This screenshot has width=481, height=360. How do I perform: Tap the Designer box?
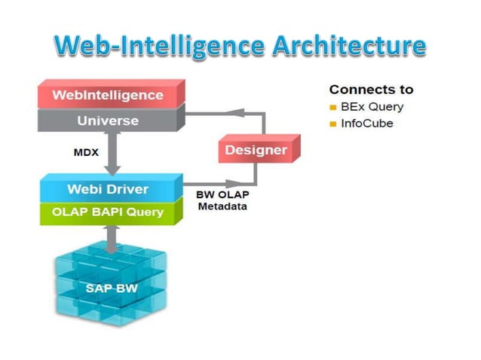(256, 150)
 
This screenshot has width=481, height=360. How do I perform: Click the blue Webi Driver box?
(108, 189)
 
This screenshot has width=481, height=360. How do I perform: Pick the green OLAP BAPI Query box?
(108, 212)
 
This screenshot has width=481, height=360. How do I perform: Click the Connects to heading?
(371, 90)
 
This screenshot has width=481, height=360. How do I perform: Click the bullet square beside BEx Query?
(332, 108)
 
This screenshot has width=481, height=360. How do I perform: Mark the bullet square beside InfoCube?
(332, 124)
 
